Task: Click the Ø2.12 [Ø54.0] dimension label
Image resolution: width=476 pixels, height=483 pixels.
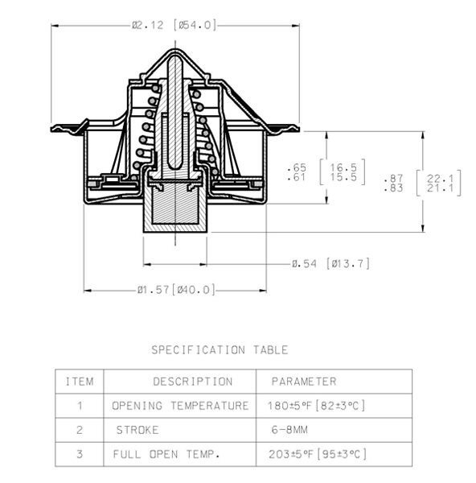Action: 174,25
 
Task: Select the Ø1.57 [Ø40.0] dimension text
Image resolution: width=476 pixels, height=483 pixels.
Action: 176,290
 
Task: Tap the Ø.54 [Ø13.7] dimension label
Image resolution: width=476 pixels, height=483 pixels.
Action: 330,264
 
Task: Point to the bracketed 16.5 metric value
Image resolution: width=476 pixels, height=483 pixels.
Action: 343,167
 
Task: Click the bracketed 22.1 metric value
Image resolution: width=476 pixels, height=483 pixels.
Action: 441,178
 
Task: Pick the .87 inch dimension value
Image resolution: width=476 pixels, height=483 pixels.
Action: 393,178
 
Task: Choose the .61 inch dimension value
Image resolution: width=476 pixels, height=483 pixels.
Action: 297,177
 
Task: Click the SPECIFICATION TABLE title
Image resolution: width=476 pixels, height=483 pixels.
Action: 220,350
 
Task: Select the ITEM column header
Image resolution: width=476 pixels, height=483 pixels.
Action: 80,382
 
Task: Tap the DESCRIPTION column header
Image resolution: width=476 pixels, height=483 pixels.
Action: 193,382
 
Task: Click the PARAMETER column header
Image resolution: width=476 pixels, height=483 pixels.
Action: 304,382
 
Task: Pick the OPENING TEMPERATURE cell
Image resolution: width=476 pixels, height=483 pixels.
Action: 180,406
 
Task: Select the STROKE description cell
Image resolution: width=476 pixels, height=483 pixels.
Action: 137,430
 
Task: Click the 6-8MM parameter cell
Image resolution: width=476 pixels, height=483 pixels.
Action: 289,430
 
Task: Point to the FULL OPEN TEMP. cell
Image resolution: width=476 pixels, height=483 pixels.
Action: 166,454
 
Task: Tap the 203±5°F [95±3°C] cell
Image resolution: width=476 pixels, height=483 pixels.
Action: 318,454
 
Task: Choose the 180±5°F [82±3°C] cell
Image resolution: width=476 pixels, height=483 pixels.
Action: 316,406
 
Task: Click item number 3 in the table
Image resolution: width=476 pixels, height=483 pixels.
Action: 80,454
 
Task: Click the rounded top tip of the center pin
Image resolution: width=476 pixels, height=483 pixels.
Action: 175,56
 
